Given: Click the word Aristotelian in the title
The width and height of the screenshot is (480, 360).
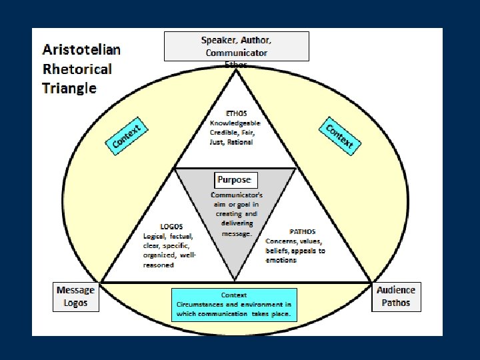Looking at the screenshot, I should tap(82, 49).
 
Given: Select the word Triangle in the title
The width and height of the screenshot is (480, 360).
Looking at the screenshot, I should tap(69, 88).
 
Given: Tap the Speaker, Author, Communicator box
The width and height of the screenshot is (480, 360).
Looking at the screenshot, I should tap(236, 46).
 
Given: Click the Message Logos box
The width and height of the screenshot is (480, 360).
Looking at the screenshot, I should tap(75, 296).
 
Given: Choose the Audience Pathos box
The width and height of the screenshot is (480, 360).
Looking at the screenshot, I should tap(395, 296).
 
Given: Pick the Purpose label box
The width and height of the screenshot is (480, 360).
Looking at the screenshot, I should tap(234, 179).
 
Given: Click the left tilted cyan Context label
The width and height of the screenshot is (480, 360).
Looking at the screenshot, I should tap(127, 137).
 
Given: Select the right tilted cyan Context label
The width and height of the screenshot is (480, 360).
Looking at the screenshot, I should tap(340, 135).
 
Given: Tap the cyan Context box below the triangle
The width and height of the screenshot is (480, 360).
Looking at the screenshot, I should tap(234, 305).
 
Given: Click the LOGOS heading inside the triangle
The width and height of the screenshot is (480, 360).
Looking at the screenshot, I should tap(172, 227).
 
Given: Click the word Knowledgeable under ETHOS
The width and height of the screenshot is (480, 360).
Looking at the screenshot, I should tap(235, 123).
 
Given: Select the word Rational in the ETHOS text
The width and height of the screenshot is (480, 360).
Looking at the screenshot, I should tap(240, 142).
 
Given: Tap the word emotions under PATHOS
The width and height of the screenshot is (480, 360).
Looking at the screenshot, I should tap(282, 260).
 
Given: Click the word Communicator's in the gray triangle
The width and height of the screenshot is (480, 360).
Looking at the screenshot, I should tap(232, 195).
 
